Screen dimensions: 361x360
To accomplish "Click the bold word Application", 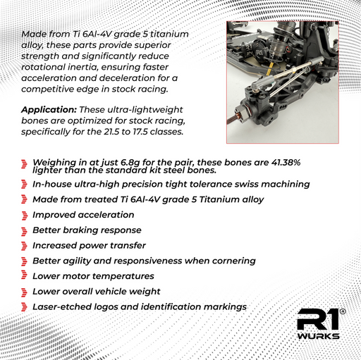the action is tap(49, 110).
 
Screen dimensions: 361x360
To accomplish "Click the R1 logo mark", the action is tap(318, 319).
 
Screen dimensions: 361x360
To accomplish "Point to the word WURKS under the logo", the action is tap(318, 336).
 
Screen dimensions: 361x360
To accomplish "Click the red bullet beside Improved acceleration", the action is tap(24, 216).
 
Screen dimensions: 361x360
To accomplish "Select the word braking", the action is tap(80, 230).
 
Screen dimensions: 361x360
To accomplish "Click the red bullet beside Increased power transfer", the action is tap(24, 246).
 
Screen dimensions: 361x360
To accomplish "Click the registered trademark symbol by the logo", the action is tap(343, 311).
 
